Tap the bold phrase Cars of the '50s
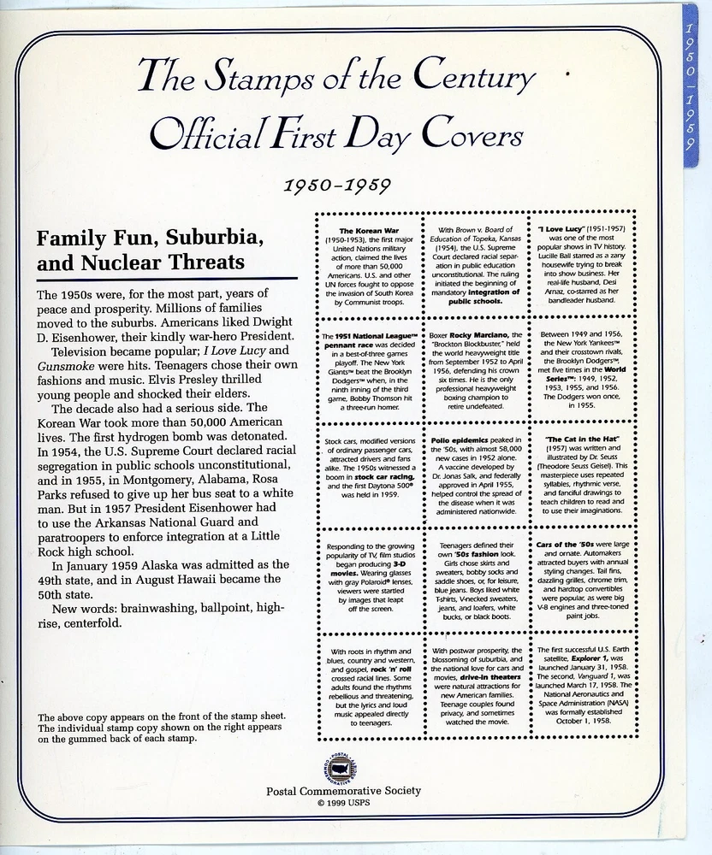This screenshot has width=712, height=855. pyautogui.click(x=567, y=545)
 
